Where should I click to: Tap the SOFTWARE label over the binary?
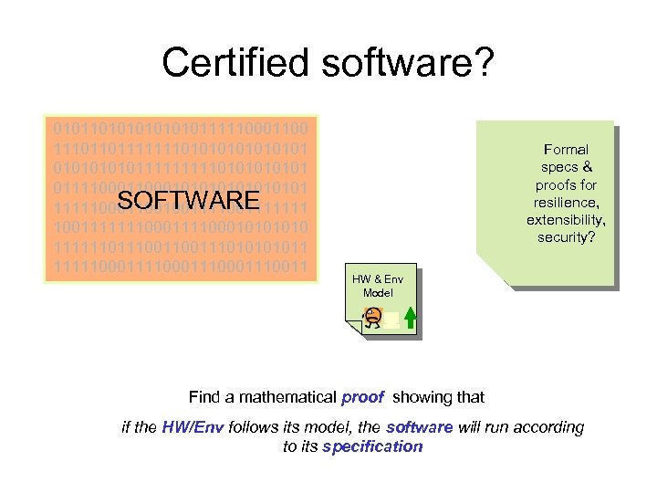click(190, 200)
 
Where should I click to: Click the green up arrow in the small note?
click(411, 317)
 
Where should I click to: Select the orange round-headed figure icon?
click(372, 318)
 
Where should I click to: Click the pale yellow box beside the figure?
click(391, 320)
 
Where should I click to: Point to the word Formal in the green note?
click(566, 149)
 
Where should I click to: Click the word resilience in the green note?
click(566, 203)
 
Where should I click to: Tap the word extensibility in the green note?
click(566, 220)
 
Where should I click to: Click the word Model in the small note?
click(378, 292)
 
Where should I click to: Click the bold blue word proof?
click(362, 397)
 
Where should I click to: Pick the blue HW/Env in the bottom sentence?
click(193, 426)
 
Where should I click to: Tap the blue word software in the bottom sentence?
click(420, 426)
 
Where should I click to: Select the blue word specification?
click(372, 446)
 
